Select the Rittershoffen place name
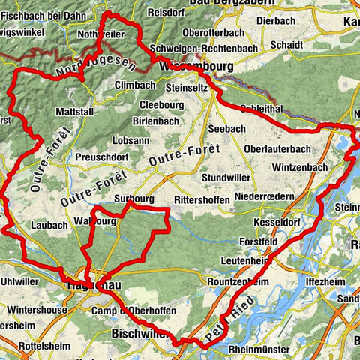(204, 200)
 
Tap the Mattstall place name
(76, 112)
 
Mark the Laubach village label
(50, 224)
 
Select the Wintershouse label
(35, 308)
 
